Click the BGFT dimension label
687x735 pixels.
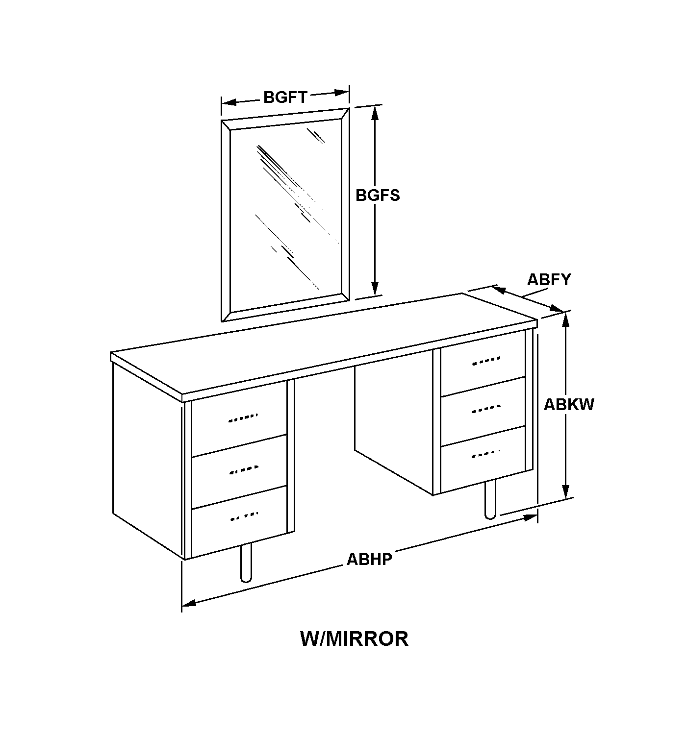[x=285, y=98]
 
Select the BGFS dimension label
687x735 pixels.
[x=378, y=195]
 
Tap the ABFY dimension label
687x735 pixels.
[x=549, y=279]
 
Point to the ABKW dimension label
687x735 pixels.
[x=569, y=405]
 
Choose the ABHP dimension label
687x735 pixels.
[x=369, y=559]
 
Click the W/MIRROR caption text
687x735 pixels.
[x=354, y=639]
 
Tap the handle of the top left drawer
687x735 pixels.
[x=243, y=418]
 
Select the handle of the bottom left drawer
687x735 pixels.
[x=244, y=516]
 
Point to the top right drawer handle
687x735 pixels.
[x=486, y=361]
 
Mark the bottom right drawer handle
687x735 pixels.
[x=486, y=454]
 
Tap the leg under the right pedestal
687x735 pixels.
[x=490, y=499]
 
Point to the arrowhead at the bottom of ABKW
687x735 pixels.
[x=565, y=491]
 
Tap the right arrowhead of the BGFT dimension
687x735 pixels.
[x=342, y=92]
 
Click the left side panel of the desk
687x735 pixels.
[x=148, y=461]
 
